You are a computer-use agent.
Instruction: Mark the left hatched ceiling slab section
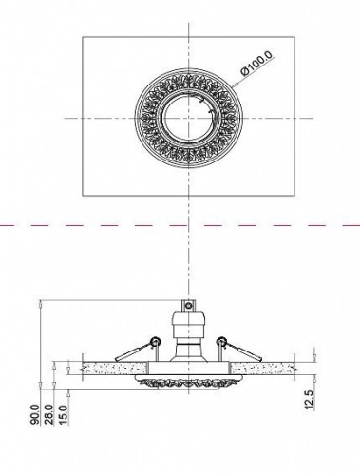point(104,367)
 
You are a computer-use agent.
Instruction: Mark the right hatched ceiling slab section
point(275,367)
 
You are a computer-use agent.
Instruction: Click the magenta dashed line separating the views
point(95,226)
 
